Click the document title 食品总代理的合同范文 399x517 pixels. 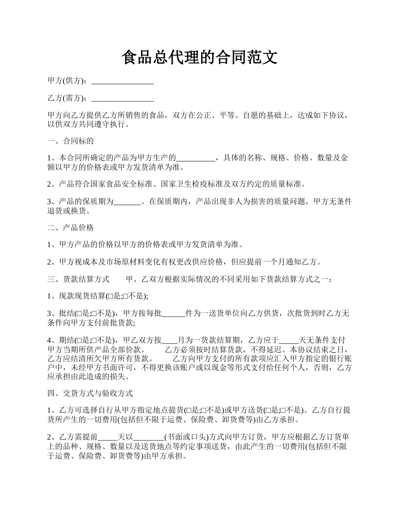(x=199, y=57)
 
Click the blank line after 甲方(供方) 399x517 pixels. (x=122, y=82)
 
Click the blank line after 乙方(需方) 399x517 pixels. (x=122, y=99)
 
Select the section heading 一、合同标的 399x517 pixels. (x=70, y=141)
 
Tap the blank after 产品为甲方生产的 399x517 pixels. (x=195, y=159)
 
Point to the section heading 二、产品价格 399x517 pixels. (x=70, y=228)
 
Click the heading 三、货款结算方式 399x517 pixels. (x=78, y=280)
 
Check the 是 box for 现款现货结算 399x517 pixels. (x=110, y=297)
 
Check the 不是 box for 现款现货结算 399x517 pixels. (x=125, y=297)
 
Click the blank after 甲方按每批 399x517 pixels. (x=173, y=314)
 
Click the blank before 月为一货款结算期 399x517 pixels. (x=170, y=340)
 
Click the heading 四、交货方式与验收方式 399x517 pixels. (x=90, y=394)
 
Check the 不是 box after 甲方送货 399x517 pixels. (x=282, y=411)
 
